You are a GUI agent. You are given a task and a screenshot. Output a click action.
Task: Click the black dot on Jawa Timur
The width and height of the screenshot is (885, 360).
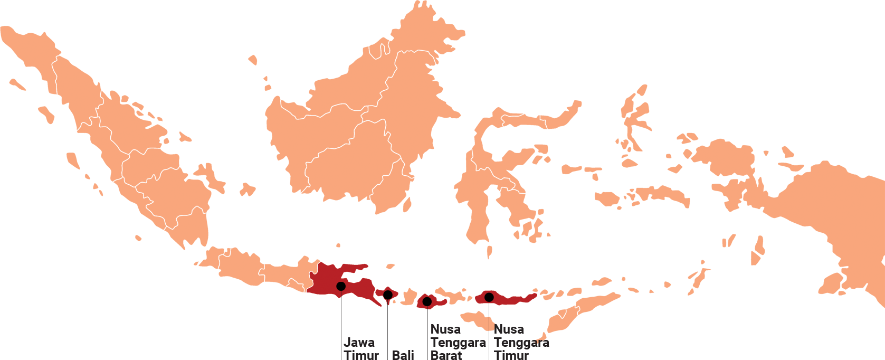(341, 286)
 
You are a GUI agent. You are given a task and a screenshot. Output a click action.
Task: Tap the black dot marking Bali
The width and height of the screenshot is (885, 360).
(388, 295)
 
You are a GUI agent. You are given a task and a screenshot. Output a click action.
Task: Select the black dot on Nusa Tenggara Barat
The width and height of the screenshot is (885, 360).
(427, 301)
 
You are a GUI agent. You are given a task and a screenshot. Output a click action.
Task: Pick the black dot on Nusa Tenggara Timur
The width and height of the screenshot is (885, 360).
(489, 297)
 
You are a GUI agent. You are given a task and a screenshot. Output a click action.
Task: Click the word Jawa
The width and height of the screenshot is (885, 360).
(359, 343)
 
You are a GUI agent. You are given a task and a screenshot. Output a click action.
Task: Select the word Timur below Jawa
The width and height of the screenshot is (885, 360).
(361, 355)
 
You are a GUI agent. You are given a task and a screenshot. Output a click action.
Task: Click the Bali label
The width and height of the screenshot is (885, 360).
(403, 355)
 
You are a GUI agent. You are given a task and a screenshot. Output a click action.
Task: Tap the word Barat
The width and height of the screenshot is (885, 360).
(446, 355)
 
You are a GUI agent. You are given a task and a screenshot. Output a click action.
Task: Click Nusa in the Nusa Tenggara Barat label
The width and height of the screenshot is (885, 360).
(445, 329)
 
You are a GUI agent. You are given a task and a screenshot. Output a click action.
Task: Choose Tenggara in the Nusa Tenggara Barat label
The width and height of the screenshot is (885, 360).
(458, 343)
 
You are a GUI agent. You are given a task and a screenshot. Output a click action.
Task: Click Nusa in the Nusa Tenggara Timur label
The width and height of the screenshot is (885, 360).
(509, 329)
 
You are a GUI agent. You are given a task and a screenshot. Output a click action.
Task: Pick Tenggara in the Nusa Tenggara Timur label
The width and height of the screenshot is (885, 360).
(521, 343)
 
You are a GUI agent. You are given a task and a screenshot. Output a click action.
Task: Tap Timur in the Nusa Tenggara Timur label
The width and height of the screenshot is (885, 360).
(511, 355)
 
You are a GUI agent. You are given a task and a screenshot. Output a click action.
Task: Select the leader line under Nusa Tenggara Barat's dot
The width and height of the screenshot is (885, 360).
(427, 333)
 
